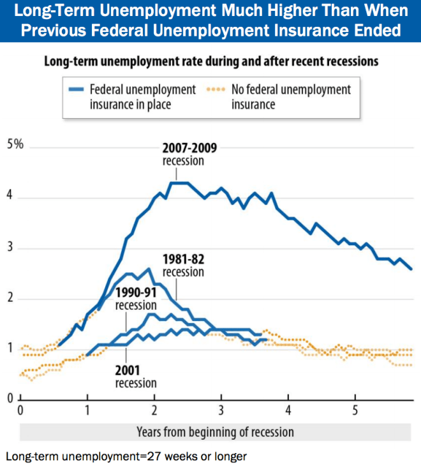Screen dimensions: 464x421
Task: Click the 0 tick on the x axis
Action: pos(20,409)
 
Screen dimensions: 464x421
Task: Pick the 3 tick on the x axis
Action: pos(221,409)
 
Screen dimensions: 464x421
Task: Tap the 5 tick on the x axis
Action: pos(355,409)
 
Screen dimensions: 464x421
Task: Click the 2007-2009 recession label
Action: pos(189,154)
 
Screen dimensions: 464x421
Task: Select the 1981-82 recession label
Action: pos(183,266)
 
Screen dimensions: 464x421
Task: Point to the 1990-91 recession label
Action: pos(137,298)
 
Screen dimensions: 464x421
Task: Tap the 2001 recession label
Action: pos(135,376)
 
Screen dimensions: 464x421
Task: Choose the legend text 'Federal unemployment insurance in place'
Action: pos(142,96)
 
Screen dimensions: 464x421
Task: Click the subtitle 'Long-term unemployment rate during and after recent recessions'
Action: pos(211,62)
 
